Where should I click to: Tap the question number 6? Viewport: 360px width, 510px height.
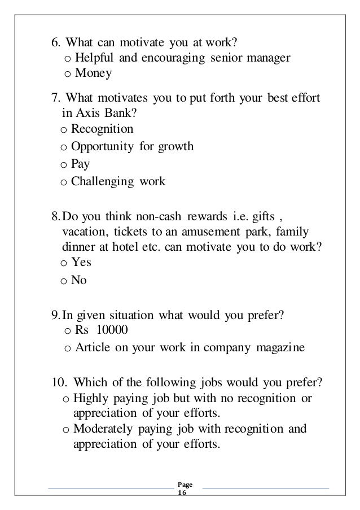click(x=55, y=42)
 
